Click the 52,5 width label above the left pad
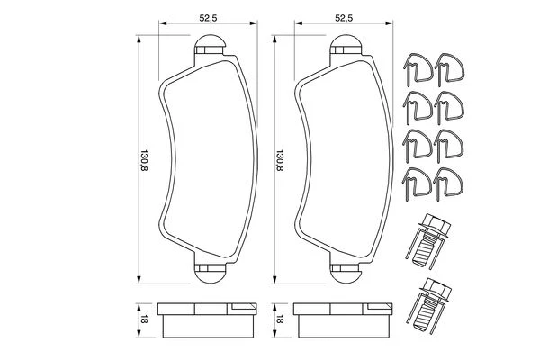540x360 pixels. (208, 18)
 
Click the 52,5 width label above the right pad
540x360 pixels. (344, 18)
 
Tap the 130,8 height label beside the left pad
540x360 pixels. (144, 160)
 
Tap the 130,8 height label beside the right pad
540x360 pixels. (279, 160)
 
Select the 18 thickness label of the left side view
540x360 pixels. (144, 320)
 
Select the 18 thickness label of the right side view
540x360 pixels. (280, 320)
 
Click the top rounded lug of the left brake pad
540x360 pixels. (210, 44)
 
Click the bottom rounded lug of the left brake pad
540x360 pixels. (210, 274)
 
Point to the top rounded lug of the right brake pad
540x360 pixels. (346, 44)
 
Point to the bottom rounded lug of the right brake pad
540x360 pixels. (346, 274)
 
